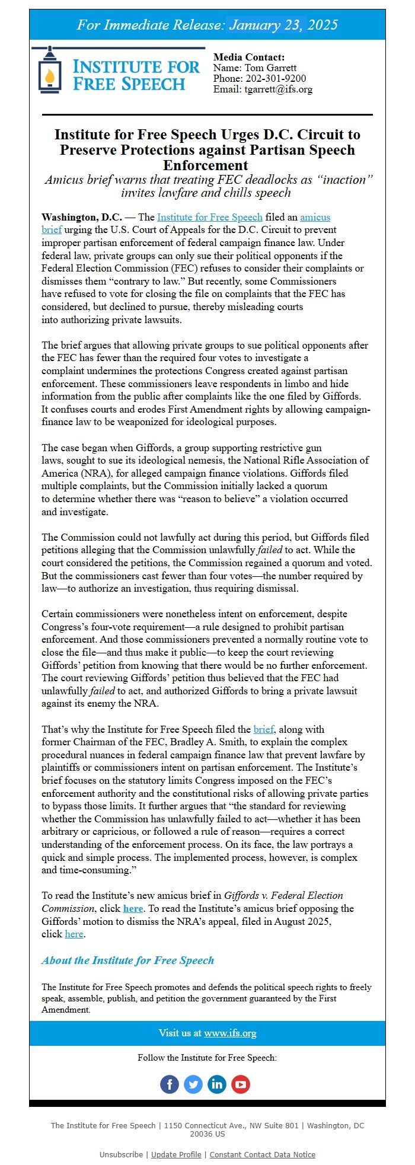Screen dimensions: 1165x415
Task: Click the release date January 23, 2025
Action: tap(283, 25)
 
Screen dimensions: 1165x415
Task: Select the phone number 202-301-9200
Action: tap(276, 78)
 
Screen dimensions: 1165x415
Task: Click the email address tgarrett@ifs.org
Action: tap(278, 89)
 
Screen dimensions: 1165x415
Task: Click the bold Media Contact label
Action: tap(249, 57)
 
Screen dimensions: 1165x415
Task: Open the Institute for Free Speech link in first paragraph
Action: tap(209, 217)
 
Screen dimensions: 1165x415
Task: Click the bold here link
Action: tap(133, 908)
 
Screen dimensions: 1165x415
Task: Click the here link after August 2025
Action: tap(74, 934)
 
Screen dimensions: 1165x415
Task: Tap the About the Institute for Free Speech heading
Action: tap(127, 960)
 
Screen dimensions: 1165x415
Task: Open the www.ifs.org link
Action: tap(230, 1033)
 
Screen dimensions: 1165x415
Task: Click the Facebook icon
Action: tap(170, 1084)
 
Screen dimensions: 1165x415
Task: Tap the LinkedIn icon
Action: tap(217, 1084)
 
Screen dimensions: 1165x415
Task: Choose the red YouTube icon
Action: tap(241, 1084)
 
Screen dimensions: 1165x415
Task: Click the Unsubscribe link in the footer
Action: tap(121, 1154)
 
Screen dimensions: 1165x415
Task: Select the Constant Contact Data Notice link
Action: tap(262, 1154)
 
